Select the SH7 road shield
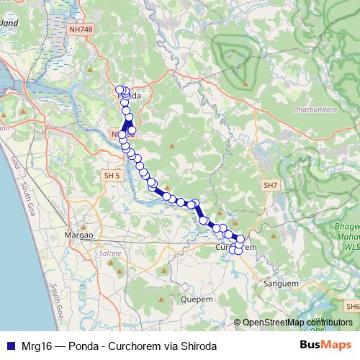tap(271, 185)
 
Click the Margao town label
tap(80, 235)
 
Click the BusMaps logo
tap(325, 346)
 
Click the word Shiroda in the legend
tap(197, 346)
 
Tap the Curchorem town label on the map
tap(236, 247)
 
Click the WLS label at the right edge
tap(352, 246)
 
